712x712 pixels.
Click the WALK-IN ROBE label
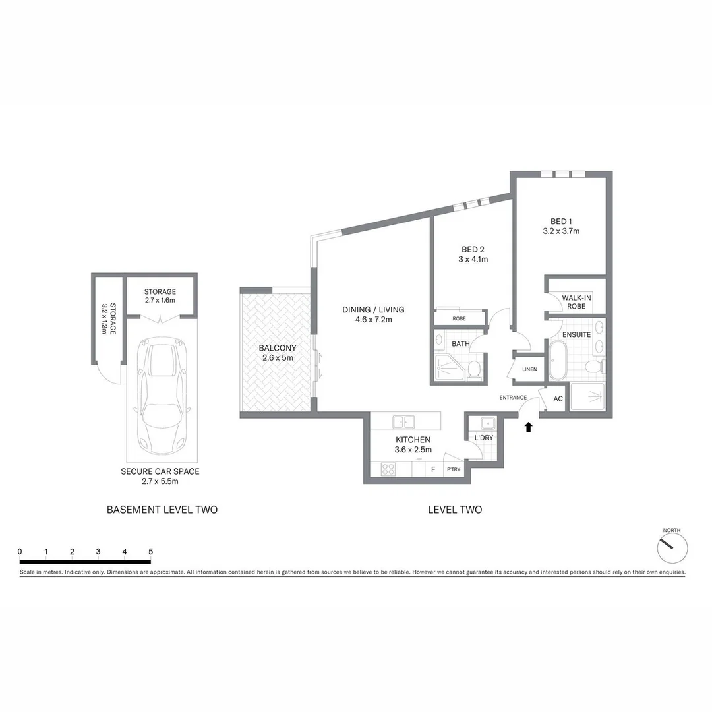tap(576, 302)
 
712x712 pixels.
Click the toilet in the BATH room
tap(474, 370)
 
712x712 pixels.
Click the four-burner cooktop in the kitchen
tap(388, 469)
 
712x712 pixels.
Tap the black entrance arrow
tap(527, 427)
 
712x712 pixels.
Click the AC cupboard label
tap(558, 399)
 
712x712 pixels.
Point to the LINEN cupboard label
tap(529, 369)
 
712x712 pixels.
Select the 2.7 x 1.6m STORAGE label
tap(160, 295)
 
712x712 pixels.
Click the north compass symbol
tap(672, 547)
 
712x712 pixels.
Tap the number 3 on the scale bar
tap(98, 551)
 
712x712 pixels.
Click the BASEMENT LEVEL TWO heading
tap(162, 510)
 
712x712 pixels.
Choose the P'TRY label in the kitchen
tap(454, 469)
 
